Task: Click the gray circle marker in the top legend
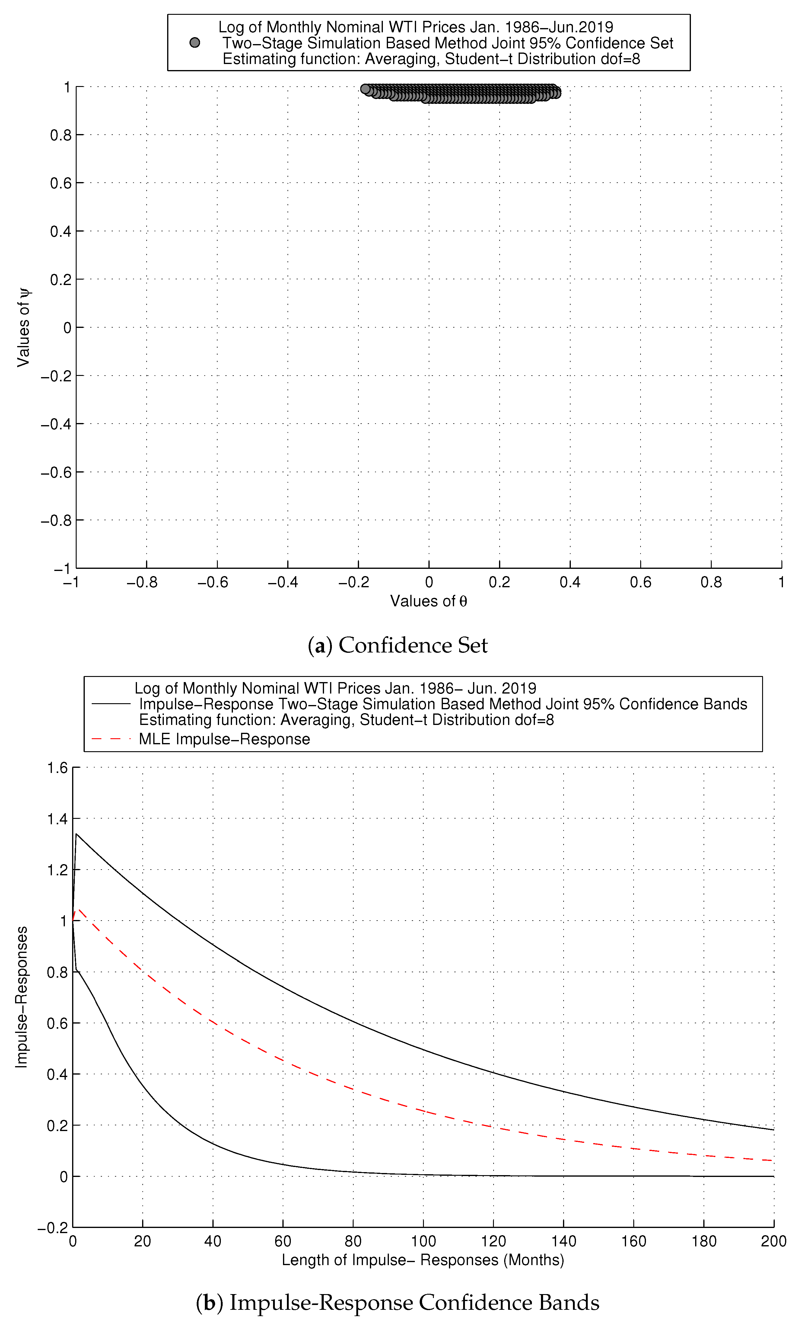[x=195, y=43]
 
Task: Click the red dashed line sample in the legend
[x=111, y=739]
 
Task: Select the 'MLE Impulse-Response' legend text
[x=224, y=739]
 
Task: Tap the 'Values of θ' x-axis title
[x=428, y=601]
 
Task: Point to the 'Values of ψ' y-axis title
[x=24, y=328]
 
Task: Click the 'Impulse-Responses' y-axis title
[x=21, y=997]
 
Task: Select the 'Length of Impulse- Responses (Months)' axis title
[x=423, y=1259]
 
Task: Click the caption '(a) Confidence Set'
[x=398, y=645]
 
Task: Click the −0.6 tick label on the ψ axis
[x=56, y=472]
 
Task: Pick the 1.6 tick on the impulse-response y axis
[x=57, y=768]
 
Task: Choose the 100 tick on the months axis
[x=423, y=1241]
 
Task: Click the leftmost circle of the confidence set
[x=365, y=89]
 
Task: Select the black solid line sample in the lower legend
[x=111, y=704]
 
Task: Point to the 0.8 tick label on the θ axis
[x=711, y=582]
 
